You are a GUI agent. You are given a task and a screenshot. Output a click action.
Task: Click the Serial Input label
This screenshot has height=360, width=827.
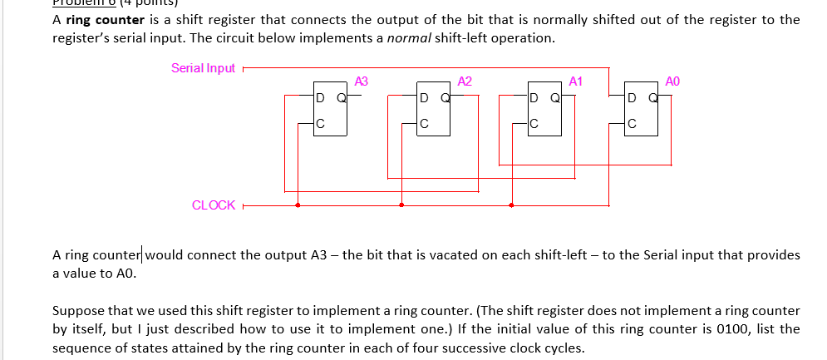coord(203,68)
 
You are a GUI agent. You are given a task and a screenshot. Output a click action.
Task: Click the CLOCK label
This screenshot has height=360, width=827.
coord(214,205)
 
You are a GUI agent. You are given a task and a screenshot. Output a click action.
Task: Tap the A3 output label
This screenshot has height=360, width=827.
coord(361,81)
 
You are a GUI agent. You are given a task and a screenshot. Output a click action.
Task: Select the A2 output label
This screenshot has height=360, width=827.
coord(465,81)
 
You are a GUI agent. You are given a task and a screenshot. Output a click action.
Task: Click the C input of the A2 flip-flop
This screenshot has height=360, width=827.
coord(424,126)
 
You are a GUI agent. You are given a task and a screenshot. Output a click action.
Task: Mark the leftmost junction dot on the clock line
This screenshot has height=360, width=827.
coord(298,205)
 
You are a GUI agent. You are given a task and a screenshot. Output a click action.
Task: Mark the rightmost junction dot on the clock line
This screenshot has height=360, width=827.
coord(511,205)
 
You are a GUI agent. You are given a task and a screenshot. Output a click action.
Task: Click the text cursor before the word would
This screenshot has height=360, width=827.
coord(144,254)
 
